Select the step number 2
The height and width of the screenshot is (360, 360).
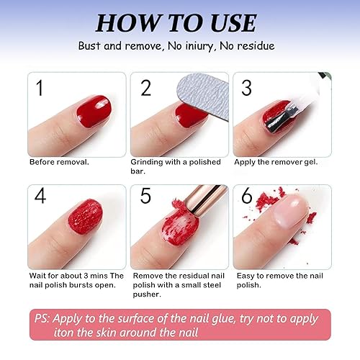coord(145,89)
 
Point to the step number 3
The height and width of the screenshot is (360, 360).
coord(247,89)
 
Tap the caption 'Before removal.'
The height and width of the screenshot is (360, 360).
coord(59,162)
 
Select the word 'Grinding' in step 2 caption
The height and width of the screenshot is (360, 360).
coord(150,162)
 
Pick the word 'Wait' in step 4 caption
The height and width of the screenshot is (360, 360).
coord(40,276)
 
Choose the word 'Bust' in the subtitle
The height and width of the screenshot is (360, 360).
coord(90,46)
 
